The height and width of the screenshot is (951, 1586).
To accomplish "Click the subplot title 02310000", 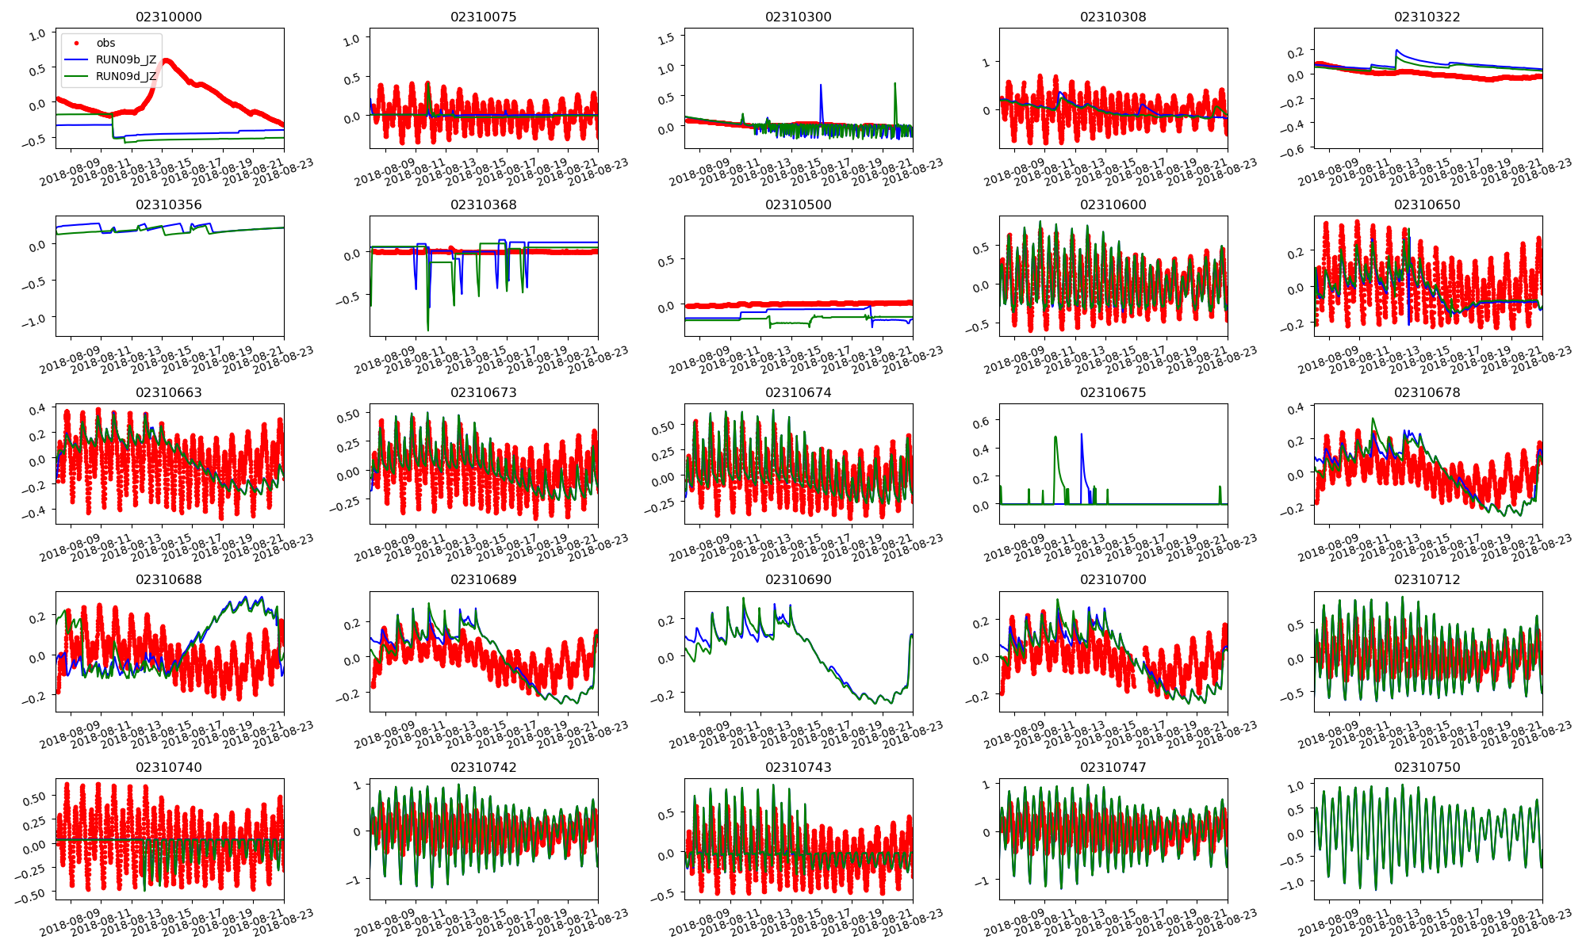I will [x=168, y=17].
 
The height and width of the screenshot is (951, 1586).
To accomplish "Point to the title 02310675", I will [x=1113, y=392].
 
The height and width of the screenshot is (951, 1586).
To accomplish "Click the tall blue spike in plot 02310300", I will [x=821, y=85].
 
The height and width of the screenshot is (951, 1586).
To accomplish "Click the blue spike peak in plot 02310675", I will [x=1082, y=434].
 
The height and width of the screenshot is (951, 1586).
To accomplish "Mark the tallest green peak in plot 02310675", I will [x=1055, y=437].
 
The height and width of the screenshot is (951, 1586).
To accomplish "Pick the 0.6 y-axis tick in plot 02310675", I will [x=981, y=422].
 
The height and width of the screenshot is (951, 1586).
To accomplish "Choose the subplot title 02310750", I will [x=1427, y=767].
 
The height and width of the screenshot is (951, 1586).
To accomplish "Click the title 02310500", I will [x=798, y=204].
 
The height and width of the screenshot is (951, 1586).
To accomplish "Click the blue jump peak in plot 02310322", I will [x=1396, y=50].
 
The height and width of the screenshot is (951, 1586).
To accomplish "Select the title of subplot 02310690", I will [x=798, y=579].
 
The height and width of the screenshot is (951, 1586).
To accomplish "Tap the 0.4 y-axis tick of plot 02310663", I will [x=36, y=410].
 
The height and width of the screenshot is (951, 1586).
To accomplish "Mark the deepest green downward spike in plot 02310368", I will [x=428, y=330].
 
